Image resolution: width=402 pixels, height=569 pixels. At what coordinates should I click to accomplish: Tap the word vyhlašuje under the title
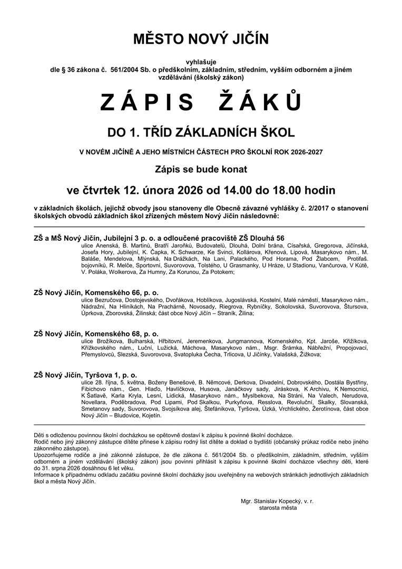pos(201,63)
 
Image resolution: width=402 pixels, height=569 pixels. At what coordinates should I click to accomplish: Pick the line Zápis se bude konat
pos(201,170)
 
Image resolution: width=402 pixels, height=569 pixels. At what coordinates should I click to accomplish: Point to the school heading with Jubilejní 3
pos(159,238)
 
